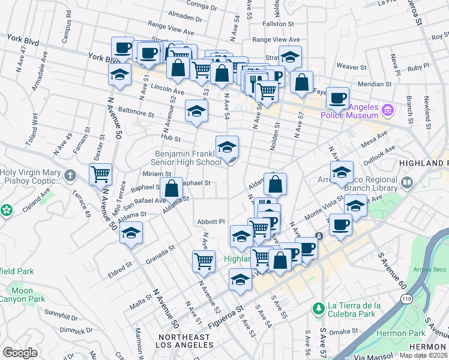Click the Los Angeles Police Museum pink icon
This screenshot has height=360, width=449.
[388, 110]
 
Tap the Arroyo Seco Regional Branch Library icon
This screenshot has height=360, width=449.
[408, 182]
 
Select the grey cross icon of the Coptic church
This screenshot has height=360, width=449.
[71, 176]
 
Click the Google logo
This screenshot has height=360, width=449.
[20, 352]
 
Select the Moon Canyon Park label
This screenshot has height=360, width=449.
[22, 295]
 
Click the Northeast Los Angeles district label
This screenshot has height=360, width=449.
[183, 341]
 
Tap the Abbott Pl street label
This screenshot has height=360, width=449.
[210, 221]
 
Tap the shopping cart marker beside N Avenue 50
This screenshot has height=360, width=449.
[101, 174]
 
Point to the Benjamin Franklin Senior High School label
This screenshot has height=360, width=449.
[188, 158]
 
